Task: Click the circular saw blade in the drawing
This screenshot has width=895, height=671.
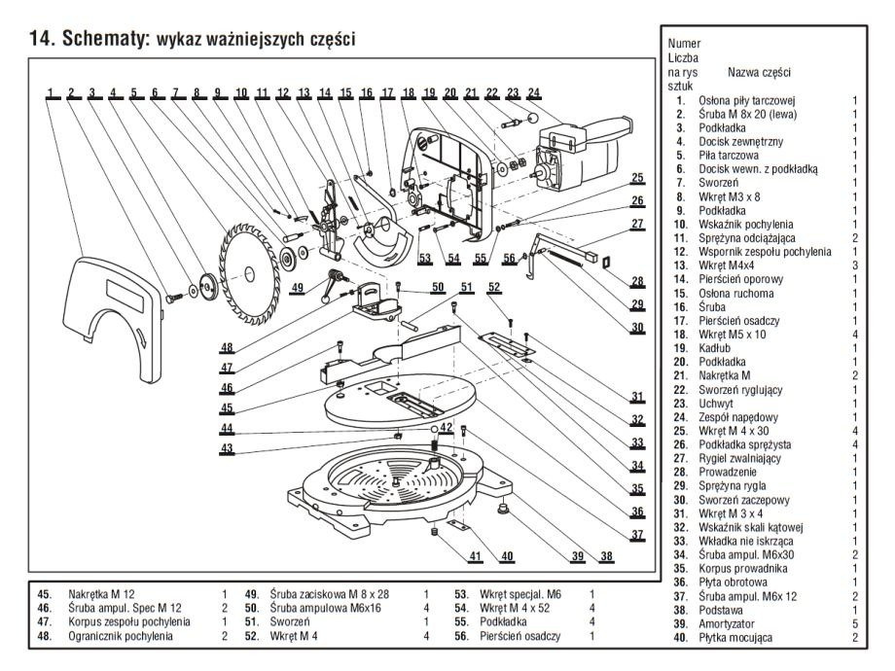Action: click(250, 261)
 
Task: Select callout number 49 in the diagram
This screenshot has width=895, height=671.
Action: click(297, 287)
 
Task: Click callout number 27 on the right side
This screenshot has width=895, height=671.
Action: click(637, 225)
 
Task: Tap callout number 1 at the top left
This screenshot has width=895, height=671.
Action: click(49, 94)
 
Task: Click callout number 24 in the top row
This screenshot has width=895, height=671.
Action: click(533, 94)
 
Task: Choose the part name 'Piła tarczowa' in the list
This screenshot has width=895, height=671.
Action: click(730, 155)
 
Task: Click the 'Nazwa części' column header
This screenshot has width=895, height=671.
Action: click(759, 73)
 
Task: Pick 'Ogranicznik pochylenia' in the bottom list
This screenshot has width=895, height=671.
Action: click(121, 635)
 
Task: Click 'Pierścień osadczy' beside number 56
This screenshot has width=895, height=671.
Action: click(519, 635)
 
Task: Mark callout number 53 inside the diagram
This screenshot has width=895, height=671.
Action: click(424, 258)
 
